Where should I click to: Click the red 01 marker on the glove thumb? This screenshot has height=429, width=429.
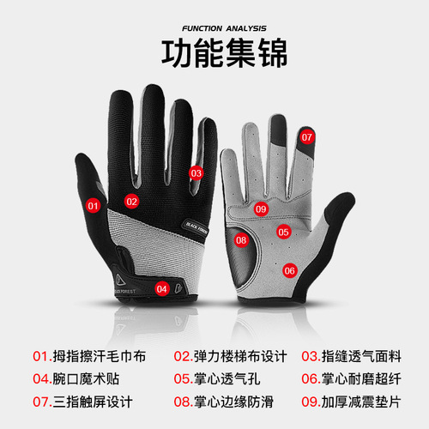[x=94, y=205]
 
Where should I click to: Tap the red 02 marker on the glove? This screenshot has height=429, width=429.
[x=132, y=202]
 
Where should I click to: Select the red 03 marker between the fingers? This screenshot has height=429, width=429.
[x=196, y=172]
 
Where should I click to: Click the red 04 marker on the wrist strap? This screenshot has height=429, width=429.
[x=161, y=288]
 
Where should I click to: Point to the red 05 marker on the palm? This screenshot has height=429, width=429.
[x=283, y=231]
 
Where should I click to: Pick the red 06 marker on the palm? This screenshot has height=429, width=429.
[x=289, y=270]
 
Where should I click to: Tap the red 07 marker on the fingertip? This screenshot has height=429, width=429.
[x=307, y=136]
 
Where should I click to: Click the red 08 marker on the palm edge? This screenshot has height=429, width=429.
[x=241, y=240]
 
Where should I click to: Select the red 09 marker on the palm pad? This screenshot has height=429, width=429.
[x=261, y=208]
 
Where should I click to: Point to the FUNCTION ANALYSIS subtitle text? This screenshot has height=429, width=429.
[x=214, y=14]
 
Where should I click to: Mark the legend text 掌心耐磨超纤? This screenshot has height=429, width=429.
[x=360, y=378]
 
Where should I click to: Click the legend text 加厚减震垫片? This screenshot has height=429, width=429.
[x=360, y=400]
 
